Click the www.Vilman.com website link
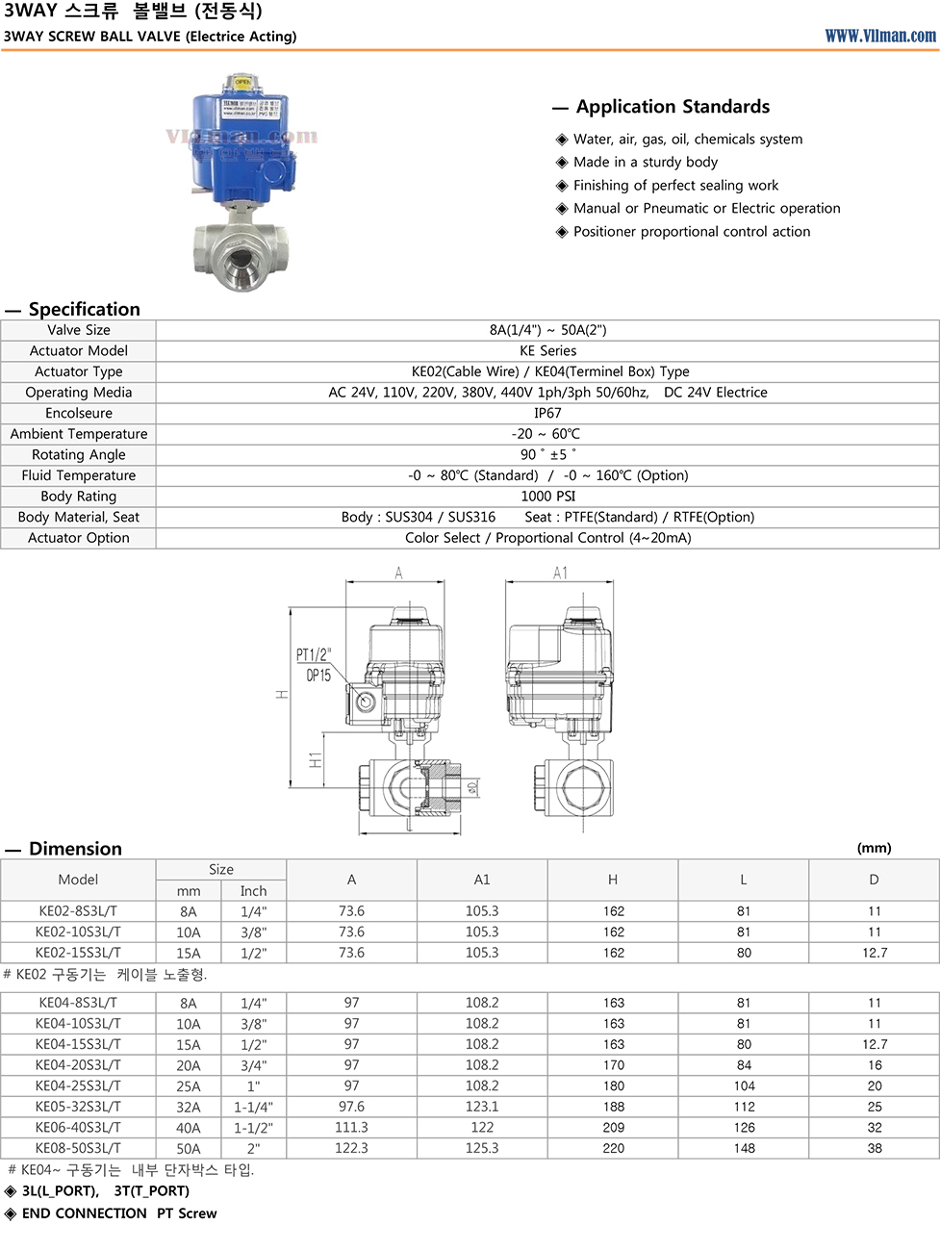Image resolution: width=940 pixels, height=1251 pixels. tap(879, 36)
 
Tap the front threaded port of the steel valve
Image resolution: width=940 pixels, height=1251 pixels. tap(235, 257)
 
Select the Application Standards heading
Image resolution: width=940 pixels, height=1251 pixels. tap(673, 107)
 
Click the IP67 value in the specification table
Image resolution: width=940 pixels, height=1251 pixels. tap(547, 413)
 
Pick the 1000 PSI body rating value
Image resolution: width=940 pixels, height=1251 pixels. tap(547, 497)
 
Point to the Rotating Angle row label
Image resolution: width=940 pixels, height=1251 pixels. tap(79, 455)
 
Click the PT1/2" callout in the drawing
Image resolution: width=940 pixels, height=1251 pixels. tap(314, 655)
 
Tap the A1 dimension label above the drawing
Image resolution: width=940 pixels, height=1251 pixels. tap(561, 574)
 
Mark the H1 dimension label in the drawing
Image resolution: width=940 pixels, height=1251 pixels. tap(316, 760)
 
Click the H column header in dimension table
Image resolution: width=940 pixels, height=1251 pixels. tap(613, 880)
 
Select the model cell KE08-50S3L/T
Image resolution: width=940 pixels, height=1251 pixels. tap(78, 1148)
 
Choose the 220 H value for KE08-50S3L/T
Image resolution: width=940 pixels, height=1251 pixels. tap(613, 1148)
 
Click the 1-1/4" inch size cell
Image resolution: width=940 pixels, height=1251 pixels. tap(253, 1107)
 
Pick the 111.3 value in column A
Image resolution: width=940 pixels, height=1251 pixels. tap(351, 1128)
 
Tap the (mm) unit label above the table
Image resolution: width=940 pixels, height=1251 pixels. tap(874, 848)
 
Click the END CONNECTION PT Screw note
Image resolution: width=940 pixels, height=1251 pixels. tap(119, 1213)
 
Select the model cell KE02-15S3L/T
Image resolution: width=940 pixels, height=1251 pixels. tap(78, 953)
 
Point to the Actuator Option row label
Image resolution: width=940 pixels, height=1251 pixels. tap(79, 538)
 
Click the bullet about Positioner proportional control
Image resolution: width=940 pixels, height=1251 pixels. tap(691, 232)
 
